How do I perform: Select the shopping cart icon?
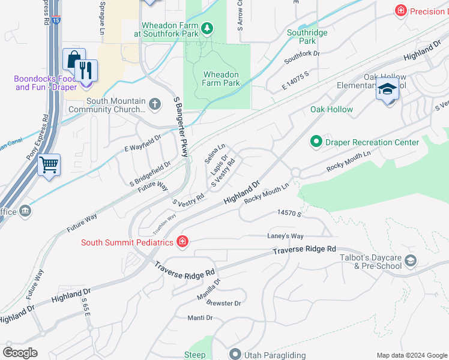(49, 164)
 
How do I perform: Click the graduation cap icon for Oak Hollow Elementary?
(388, 91)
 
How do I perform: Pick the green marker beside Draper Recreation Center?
(316, 142)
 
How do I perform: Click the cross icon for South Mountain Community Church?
(155, 105)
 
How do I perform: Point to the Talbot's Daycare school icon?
(411, 260)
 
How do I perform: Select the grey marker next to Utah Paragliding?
(235, 355)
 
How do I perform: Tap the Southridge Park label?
(307, 37)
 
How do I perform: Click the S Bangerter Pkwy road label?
(181, 127)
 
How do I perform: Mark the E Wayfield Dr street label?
(143, 143)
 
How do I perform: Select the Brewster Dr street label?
(223, 304)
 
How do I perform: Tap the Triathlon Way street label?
(164, 224)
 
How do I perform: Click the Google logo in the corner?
(20, 352)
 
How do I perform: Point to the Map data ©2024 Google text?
(411, 355)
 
